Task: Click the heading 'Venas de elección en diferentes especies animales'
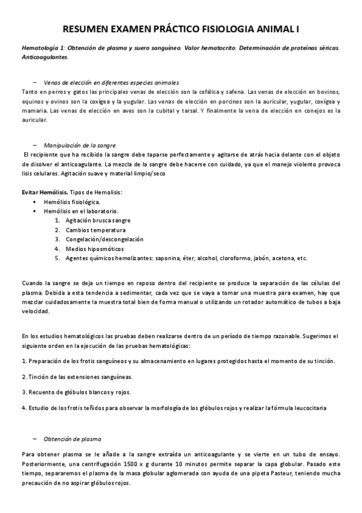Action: point(111,82)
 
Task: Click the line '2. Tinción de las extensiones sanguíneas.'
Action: point(77,376)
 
